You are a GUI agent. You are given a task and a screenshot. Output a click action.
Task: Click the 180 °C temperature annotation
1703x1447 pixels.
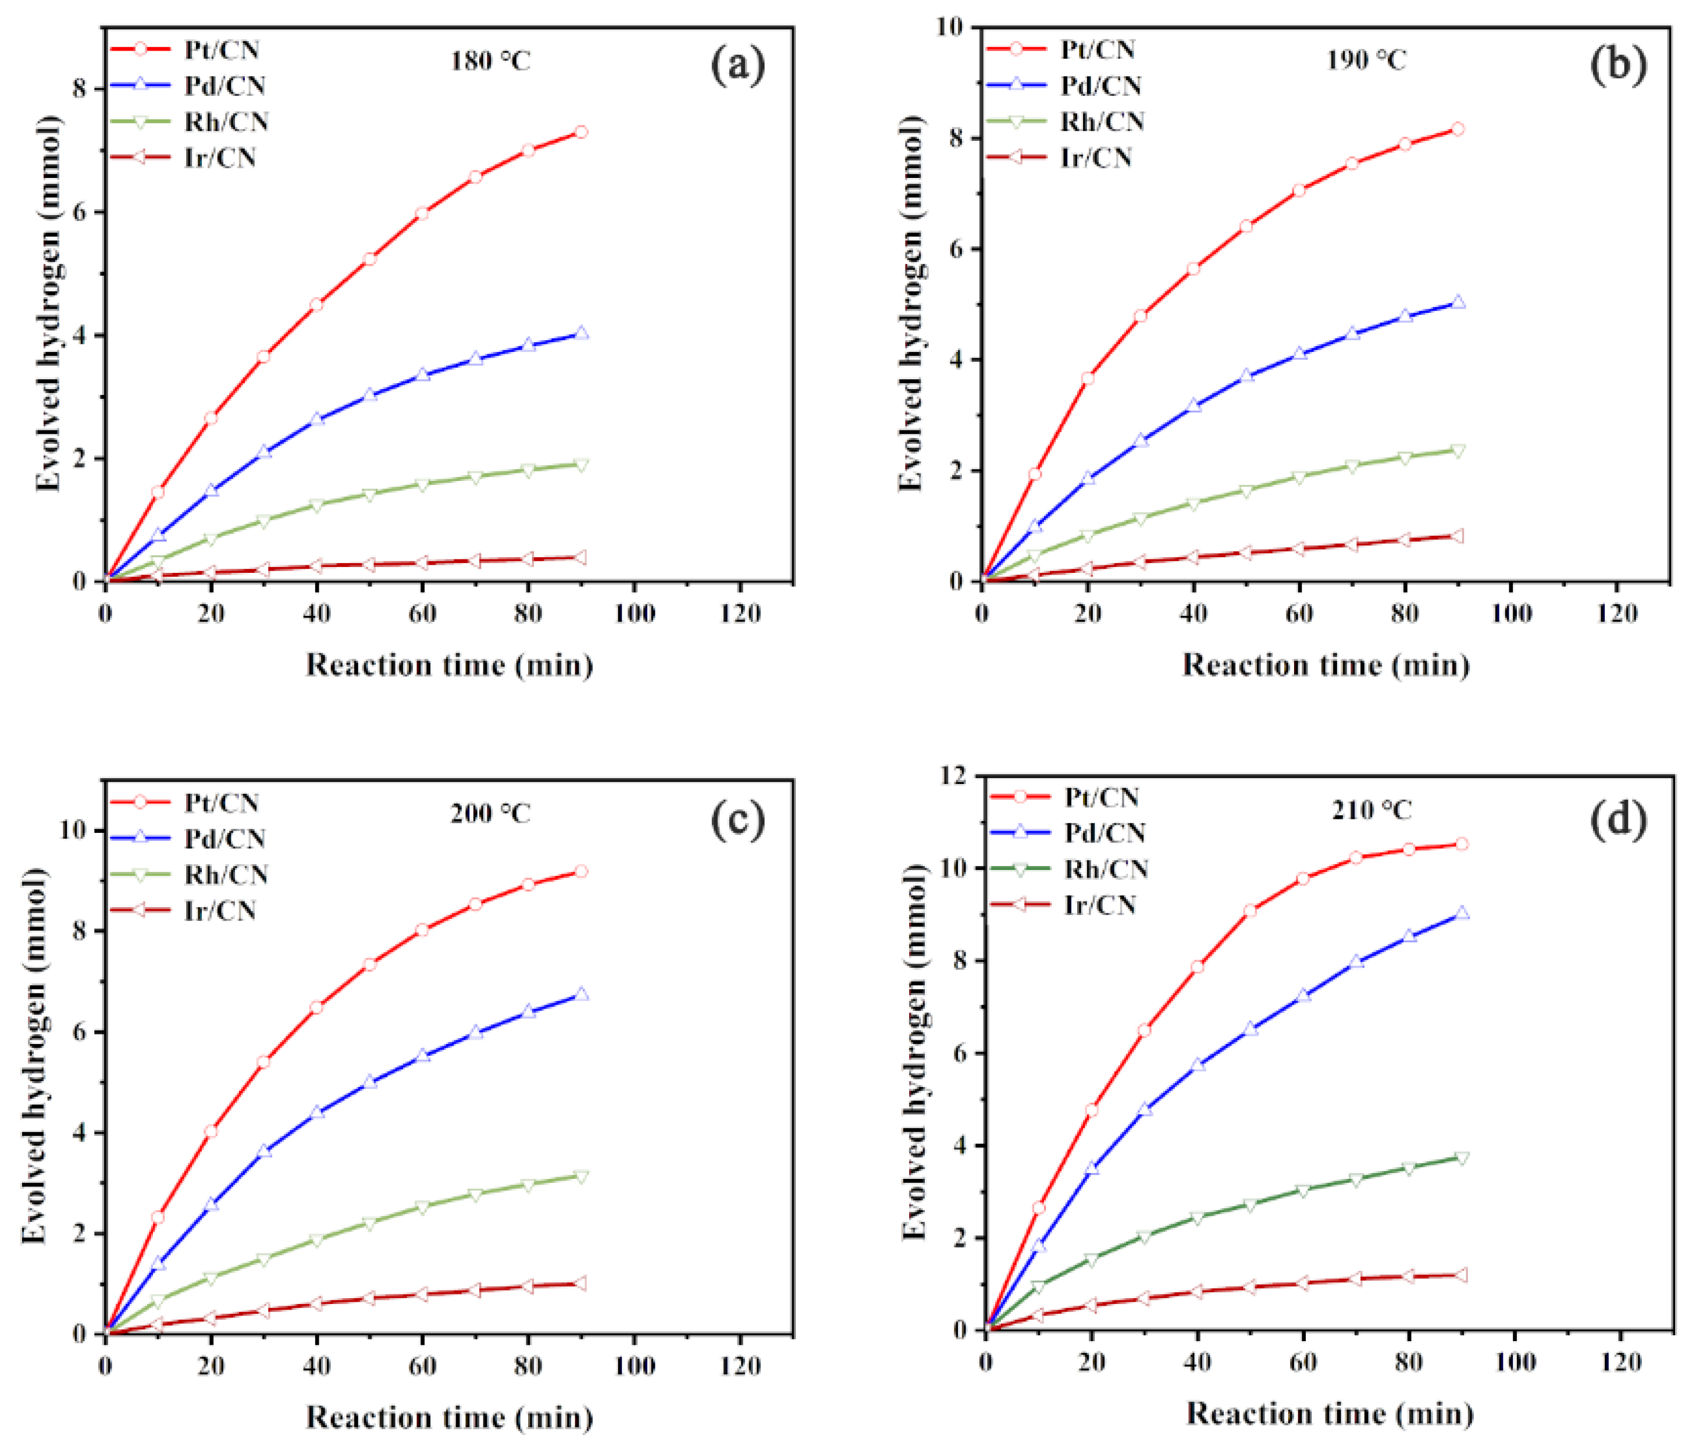(x=490, y=60)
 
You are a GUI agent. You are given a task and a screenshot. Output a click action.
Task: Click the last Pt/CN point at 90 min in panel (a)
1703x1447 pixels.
(x=581, y=132)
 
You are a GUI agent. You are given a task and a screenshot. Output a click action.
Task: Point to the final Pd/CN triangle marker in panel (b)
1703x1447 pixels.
(x=1458, y=302)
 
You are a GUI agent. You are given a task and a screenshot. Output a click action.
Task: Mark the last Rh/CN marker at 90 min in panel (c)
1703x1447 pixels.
(x=581, y=1177)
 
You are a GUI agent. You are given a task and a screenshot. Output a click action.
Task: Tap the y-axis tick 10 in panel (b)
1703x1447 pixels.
(x=951, y=27)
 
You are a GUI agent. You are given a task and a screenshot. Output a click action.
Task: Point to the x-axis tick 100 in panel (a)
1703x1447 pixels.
(x=634, y=614)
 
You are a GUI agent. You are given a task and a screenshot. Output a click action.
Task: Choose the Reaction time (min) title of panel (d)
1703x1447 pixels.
(x=1329, y=1413)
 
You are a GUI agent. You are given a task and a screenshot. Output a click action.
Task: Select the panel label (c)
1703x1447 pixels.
(x=737, y=819)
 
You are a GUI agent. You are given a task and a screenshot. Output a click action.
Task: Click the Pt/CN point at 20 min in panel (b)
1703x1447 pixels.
(x=1088, y=378)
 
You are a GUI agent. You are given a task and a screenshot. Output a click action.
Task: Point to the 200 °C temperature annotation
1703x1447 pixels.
(x=490, y=814)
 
